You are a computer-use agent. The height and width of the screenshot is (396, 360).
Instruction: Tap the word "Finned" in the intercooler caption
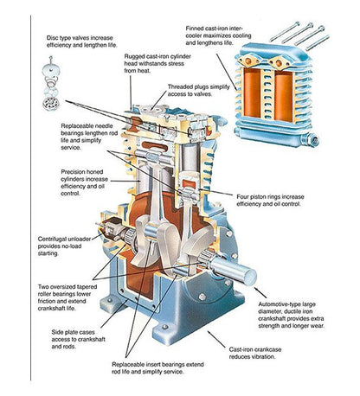coord(195,29)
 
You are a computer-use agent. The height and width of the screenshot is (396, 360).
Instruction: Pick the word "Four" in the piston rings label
coord(242,196)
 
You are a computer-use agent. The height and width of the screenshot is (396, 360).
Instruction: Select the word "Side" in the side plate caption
coord(57,332)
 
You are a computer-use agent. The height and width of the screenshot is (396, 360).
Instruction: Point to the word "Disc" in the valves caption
coord(52,38)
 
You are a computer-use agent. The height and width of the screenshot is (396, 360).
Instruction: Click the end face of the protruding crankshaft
coord(250,276)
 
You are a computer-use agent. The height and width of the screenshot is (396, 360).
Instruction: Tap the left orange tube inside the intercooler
coord(252,93)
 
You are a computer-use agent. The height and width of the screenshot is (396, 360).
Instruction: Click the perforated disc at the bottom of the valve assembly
coord(51,104)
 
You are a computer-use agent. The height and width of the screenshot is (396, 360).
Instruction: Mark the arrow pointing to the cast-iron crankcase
coord(216,339)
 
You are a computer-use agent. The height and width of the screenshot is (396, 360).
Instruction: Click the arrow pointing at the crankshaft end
coord(260,292)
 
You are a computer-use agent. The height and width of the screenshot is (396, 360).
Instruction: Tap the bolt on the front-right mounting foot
coord(164,327)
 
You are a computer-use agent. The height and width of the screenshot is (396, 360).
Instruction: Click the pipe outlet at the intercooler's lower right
coord(313,140)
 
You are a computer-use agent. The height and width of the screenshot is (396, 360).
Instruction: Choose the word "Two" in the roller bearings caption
coord(43,287)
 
